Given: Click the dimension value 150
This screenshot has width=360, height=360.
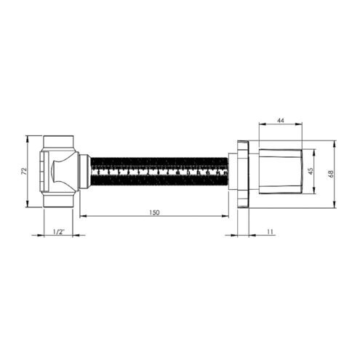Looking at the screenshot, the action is coord(154,212).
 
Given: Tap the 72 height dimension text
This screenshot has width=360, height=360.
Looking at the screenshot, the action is coord(24,171).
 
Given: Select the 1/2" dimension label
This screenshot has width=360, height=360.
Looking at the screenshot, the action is coord(58,232).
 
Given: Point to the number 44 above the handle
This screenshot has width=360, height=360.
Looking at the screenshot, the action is coord(280,120).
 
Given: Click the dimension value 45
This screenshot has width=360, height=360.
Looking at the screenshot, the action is coord(311,171).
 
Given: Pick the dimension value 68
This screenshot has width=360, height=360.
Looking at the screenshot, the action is coord(331,174).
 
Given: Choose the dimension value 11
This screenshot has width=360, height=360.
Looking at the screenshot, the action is coord(270,232).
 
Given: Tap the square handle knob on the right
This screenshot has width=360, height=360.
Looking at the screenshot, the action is coord(280,172).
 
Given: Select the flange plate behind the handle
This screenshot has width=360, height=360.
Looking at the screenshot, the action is coord(243,174).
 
